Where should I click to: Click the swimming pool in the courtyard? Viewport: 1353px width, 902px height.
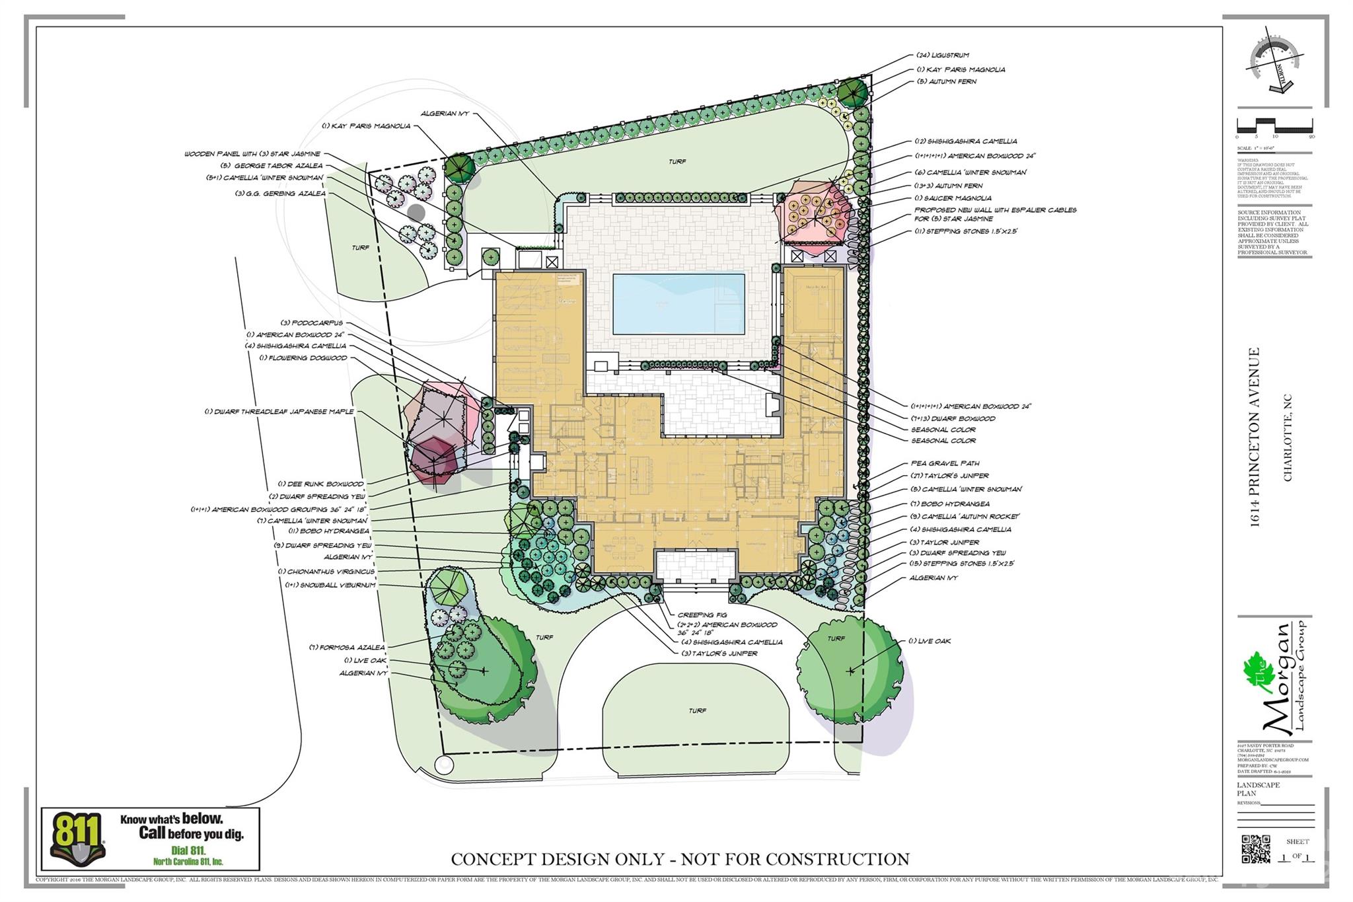coord(678,304)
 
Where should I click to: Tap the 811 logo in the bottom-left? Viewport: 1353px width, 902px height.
coord(77,838)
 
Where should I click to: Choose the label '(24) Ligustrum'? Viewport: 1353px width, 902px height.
coord(943,56)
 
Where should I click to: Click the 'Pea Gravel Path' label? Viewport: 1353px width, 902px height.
coord(945,464)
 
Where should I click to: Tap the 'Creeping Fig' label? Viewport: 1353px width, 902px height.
coord(701,615)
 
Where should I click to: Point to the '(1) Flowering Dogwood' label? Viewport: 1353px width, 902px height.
coord(303,358)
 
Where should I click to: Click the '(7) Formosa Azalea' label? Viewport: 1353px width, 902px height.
coord(347,648)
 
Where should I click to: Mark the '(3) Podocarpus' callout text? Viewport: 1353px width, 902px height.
coord(312,323)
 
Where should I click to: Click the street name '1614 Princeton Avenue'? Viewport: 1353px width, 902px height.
coord(1253,437)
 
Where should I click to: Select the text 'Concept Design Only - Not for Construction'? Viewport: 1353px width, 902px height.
coord(680,859)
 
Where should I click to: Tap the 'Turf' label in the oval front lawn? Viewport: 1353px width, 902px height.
coord(697,710)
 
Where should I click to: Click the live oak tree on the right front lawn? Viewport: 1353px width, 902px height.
coord(849,670)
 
